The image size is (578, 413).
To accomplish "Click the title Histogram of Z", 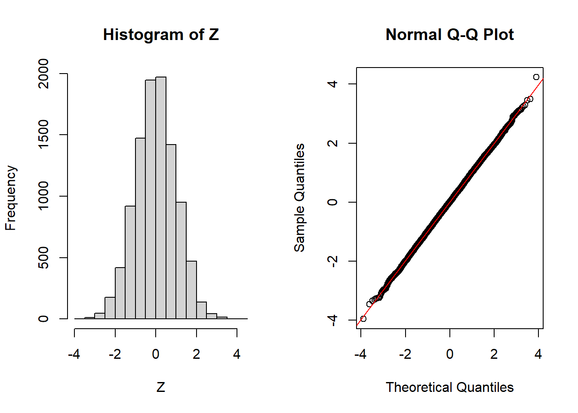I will pyautogui.click(x=161, y=34).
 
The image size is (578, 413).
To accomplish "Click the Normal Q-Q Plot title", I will pyautogui.click(x=449, y=34).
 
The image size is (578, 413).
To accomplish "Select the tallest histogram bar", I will pyautogui.click(x=161, y=198).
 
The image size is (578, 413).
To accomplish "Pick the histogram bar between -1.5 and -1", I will pyautogui.click(x=130, y=262).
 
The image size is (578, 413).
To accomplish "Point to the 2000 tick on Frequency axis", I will pyautogui.click(x=43, y=74).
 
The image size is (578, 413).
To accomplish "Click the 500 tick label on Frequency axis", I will pyautogui.click(x=43, y=258).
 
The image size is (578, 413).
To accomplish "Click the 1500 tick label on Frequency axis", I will pyautogui.click(x=43, y=135).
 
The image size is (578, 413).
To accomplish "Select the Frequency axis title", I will pyautogui.click(x=10, y=198).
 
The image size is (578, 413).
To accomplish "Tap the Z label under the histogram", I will pyautogui.click(x=161, y=387).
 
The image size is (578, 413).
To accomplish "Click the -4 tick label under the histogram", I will pyautogui.click(x=74, y=354).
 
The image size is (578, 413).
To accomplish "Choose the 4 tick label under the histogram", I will pyautogui.click(x=237, y=354).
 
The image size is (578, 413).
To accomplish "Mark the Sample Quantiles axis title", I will pyautogui.click(x=299, y=198).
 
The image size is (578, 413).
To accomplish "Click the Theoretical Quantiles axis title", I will pyautogui.click(x=449, y=387).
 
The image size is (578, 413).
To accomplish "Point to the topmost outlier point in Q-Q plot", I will pyautogui.click(x=536, y=77).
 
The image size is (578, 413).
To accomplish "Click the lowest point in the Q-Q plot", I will pyautogui.click(x=363, y=319).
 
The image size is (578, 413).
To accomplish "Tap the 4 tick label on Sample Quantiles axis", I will pyautogui.click(x=332, y=83).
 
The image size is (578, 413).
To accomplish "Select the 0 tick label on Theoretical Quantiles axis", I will pyautogui.click(x=450, y=354).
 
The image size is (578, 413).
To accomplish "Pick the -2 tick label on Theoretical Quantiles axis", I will pyautogui.click(x=405, y=354).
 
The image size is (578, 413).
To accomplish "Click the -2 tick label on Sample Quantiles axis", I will pyautogui.click(x=332, y=261).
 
